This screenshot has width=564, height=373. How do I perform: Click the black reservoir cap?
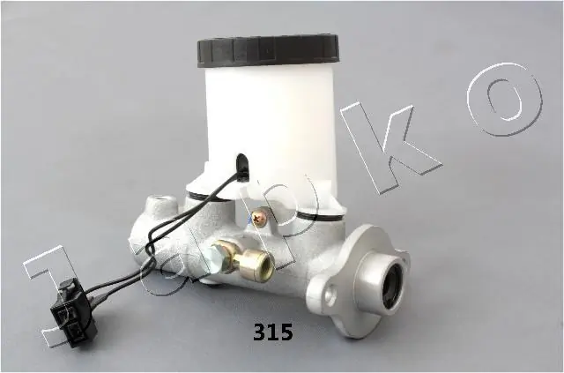(x=266, y=51)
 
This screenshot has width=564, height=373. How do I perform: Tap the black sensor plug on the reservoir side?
(x=241, y=162)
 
